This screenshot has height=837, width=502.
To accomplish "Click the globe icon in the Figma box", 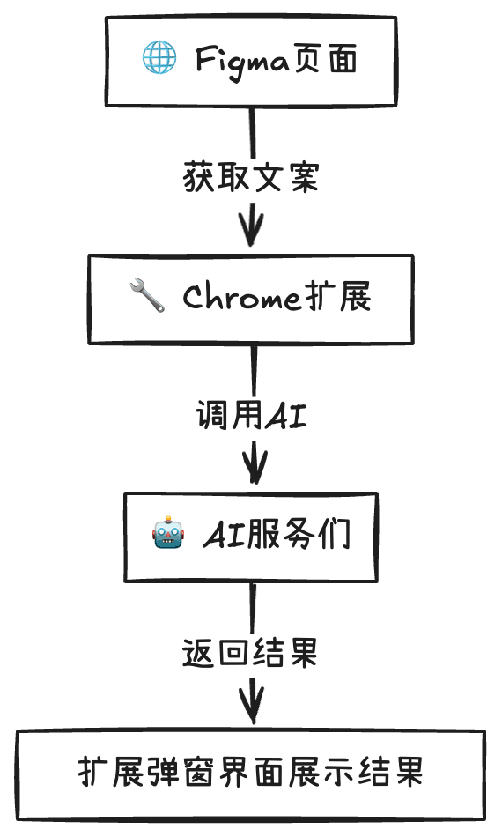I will click(159, 60).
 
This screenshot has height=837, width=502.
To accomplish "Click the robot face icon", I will click(169, 534).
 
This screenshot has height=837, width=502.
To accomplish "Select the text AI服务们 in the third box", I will click(277, 535).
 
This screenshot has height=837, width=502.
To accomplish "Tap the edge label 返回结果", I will click(249, 653).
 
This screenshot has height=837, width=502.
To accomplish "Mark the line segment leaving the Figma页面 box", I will click(253, 132).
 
